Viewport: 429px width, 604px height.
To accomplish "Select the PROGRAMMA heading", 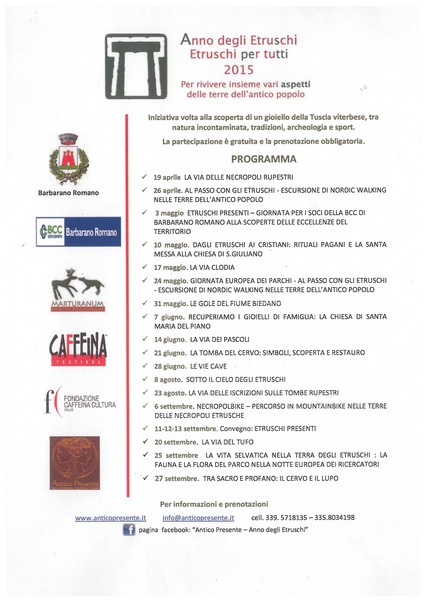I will (x=264, y=159).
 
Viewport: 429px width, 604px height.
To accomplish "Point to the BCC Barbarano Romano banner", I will (x=78, y=232).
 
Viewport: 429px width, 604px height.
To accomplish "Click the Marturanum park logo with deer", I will (x=78, y=290).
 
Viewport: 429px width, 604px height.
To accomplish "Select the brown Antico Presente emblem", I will (x=75, y=463).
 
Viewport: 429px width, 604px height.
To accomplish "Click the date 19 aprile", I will (x=167, y=177).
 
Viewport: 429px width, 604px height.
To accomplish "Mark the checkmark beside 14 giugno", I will (x=145, y=339).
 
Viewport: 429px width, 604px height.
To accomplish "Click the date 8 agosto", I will (x=168, y=380).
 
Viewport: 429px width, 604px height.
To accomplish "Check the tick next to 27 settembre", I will (x=145, y=478).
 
